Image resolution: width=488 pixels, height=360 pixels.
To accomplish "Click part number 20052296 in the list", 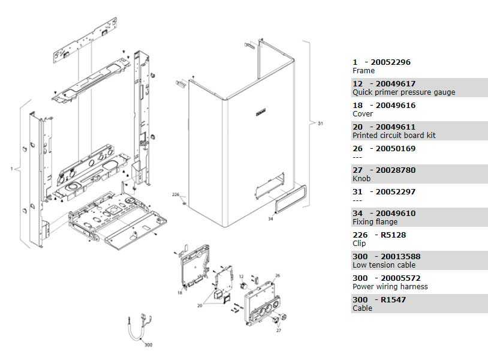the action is tap(390, 62).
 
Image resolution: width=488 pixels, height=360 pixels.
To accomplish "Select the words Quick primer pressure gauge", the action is tap(403, 92).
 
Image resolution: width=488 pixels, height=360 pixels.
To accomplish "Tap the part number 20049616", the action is tap(396, 105).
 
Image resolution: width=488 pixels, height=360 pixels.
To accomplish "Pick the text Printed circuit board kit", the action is tap(394, 136).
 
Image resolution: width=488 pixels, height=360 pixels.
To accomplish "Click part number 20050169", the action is tap(396, 149).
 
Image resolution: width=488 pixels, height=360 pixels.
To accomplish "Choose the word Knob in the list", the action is tap(362, 178).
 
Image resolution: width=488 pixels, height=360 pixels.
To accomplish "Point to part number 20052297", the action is tap(396, 192).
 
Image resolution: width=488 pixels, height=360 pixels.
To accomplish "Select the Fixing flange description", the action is tap(375, 222).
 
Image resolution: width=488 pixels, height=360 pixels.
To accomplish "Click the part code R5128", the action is tap(393, 235).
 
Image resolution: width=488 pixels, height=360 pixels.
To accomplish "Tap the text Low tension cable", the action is tap(384, 265).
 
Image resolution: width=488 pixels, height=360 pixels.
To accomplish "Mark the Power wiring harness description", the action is tap(390, 287).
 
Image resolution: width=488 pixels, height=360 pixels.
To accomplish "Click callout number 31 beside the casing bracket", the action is tap(320, 124).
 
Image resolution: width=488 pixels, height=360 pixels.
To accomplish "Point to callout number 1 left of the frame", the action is tap(12, 169).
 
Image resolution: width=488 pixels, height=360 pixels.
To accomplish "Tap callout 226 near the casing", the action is tap(176, 194).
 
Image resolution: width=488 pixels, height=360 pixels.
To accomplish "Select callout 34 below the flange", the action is tap(270, 219).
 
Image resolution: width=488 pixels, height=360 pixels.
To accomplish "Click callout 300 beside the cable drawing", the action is tap(149, 345).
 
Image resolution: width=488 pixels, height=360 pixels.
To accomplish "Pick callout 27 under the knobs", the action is tap(279, 331).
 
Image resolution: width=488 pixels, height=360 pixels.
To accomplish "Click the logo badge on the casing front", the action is tap(261, 113).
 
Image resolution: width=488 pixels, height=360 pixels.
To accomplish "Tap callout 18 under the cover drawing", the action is tap(180, 293).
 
